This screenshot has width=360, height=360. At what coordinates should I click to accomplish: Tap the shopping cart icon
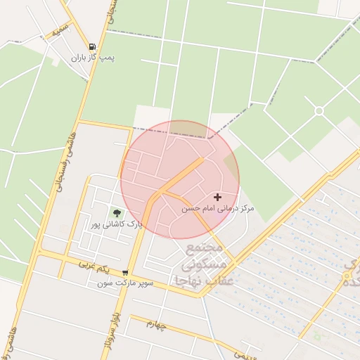[x=125, y=273]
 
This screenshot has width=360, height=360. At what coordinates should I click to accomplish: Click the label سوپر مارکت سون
[x=125, y=284]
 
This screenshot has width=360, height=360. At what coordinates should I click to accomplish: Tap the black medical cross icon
[x=217, y=198]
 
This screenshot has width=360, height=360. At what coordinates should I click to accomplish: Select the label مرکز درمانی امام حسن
[x=218, y=209]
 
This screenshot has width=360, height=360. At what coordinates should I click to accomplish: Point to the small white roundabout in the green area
[x=319, y=111]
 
